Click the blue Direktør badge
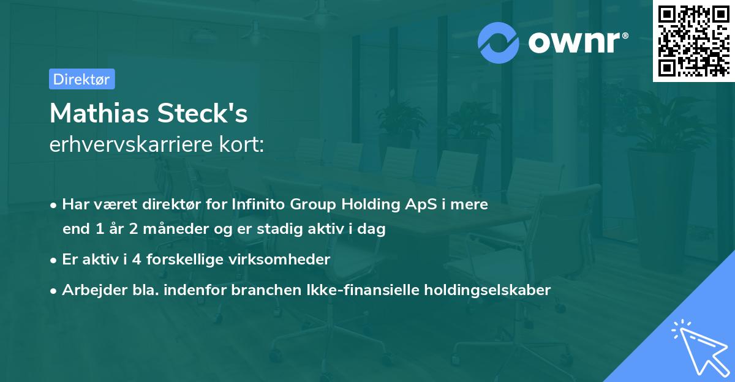click(82, 79)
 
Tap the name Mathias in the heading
click(99, 113)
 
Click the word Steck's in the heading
click(203, 113)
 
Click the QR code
click(693, 41)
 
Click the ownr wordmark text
click(575, 42)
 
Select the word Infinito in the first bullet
click(258, 204)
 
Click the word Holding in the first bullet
click(370, 205)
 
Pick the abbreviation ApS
click(421, 205)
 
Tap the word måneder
click(176, 228)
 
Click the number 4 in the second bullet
click(137, 260)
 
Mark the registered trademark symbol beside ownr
click(625, 36)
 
